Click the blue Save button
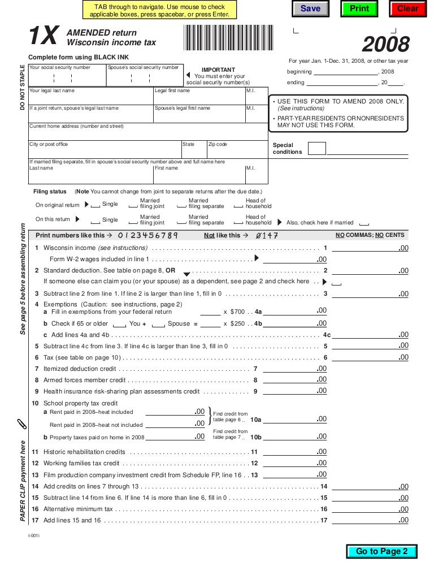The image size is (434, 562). click(310, 8)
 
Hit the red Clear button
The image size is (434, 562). click(407, 8)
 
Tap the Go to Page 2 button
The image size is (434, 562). click(381, 551)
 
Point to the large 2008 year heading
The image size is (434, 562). click(386, 44)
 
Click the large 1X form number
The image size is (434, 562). click(44, 37)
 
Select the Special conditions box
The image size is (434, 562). click(317, 149)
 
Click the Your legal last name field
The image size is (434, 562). click(90, 98)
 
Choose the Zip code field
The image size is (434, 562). click(237, 152)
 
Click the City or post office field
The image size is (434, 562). click(105, 152)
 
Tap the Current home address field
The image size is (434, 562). click(148, 133)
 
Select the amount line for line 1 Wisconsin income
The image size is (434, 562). click(370, 249)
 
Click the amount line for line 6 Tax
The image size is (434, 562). click(370, 357)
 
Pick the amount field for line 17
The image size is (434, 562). click(370, 520)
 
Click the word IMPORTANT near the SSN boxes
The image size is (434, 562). click(218, 70)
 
